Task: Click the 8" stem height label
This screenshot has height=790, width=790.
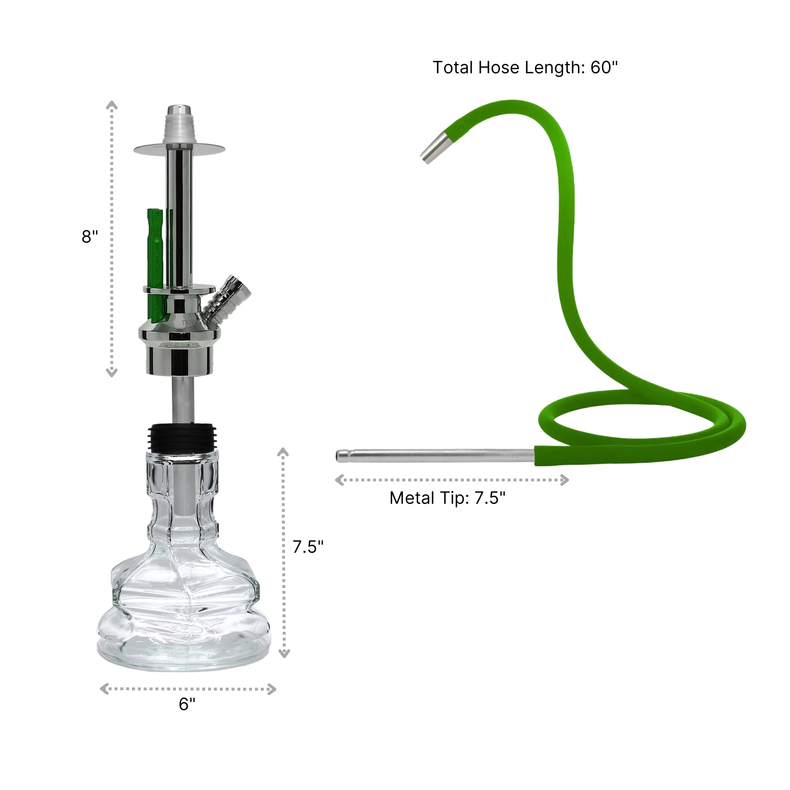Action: [89, 237]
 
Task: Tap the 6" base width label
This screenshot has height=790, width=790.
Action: [187, 704]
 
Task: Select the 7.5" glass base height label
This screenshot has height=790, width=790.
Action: [307, 547]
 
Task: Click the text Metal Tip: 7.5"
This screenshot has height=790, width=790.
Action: [447, 498]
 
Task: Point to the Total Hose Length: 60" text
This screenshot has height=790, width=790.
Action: [525, 68]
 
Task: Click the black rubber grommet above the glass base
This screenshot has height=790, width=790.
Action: [183, 437]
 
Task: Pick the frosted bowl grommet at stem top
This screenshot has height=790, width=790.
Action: [179, 129]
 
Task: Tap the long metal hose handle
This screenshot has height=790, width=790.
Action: [434, 456]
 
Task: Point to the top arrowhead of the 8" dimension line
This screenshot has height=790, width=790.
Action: [111, 105]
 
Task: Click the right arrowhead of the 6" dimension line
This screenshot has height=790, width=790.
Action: [272, 689]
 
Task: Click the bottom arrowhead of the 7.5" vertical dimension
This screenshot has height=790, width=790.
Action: [284, 653]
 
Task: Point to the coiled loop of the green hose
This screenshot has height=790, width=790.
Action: [642, 425]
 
